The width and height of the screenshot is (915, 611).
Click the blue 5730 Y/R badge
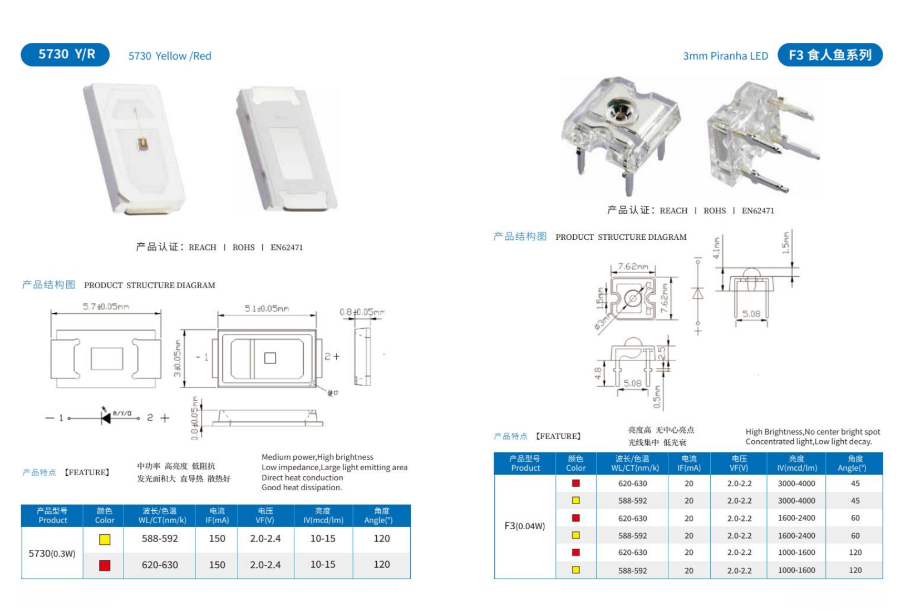(65, 55)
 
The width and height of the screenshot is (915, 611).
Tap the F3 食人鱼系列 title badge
(829, 55)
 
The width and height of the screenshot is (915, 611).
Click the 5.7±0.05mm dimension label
(106, 307)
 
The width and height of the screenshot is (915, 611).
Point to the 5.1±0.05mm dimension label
(267, 308)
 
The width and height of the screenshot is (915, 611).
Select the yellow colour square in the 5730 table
(105, 539)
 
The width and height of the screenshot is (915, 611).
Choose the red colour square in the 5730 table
(105, 565)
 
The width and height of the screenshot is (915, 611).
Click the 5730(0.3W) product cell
(52, 553)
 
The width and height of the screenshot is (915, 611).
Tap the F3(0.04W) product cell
(524, 526)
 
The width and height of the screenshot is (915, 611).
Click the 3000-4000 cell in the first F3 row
(796, 484)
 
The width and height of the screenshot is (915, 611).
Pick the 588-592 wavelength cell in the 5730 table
(160, 539)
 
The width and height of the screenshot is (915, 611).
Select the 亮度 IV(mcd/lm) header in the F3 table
(796, 463)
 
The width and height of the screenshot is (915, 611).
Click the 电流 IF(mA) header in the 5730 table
(217, 515)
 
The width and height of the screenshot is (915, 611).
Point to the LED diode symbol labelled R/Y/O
(106, 417)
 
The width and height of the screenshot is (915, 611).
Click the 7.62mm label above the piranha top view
(633, 267)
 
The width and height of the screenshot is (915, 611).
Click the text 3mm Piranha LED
(725, 56)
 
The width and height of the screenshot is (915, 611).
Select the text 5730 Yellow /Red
(170, 56)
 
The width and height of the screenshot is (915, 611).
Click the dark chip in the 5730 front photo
(142, 144)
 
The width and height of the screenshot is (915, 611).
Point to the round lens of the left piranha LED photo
(618, 108)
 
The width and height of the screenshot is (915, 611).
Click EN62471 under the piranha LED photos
(757, 211)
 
